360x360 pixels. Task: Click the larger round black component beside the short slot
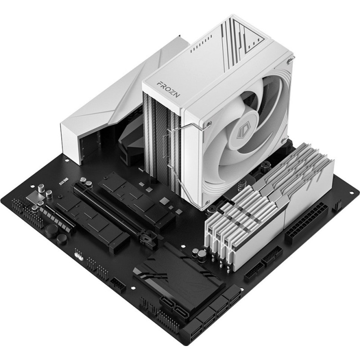(51, 230)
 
